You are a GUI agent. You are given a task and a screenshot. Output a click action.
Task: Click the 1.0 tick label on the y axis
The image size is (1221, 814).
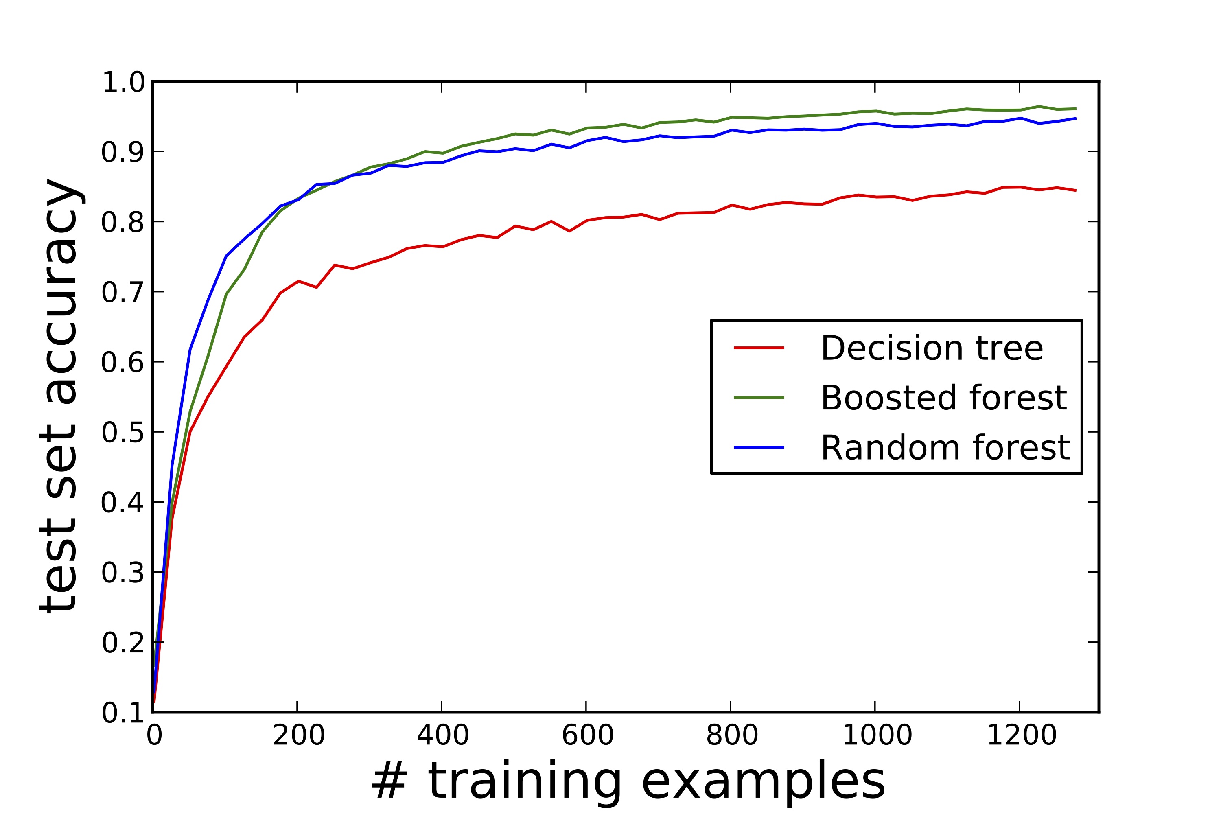(123, 83)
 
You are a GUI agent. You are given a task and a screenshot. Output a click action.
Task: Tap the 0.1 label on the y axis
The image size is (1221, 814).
(123, 713)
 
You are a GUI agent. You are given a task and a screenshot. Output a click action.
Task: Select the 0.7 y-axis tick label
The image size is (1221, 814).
(123, 293)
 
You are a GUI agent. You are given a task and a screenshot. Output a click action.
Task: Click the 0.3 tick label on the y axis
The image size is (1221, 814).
(123, 573)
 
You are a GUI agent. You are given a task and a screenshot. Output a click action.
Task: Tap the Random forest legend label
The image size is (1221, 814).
(945, 447)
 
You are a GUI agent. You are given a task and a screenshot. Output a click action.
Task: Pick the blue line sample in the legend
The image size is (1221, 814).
(759, 447)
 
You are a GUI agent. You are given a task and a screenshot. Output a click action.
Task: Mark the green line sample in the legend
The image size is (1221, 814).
(759, 398)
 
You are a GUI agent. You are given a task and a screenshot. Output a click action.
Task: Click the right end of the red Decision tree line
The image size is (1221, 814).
(1076, 190)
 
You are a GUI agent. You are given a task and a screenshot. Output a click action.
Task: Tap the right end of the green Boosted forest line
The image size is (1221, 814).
(1076, 109)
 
